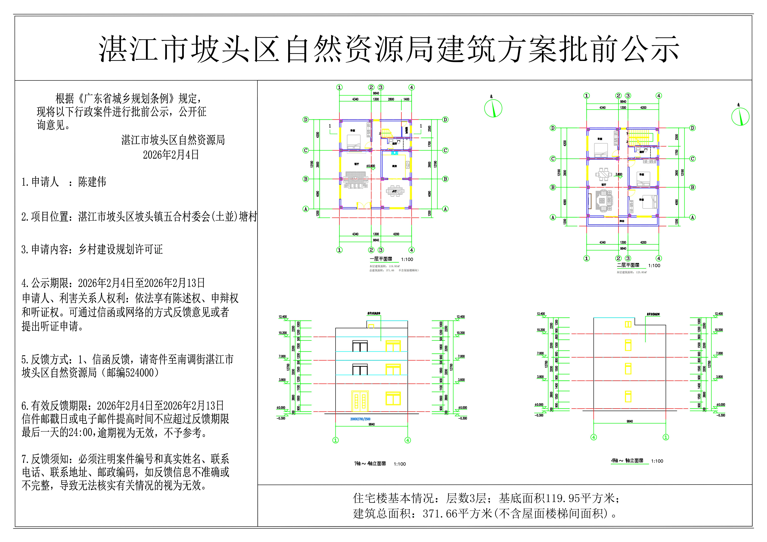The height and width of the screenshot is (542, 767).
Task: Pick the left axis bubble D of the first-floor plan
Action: [305, 120]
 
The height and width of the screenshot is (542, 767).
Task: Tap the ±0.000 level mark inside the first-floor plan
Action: [370, 166]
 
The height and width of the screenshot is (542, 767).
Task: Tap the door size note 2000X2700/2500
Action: [360, 419]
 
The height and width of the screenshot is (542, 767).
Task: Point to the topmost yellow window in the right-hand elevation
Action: [628, 324]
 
